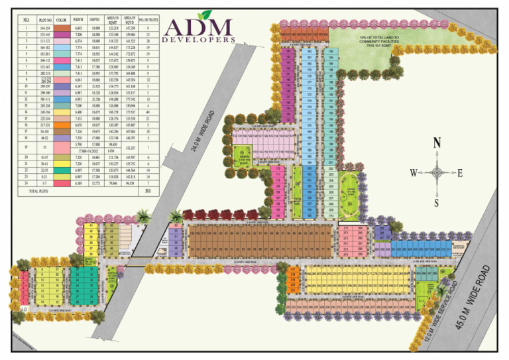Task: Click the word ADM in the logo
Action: tap(198, 28)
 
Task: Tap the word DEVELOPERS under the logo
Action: tap(198, 42)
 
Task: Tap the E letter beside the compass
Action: tap(461, 173)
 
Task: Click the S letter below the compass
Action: tap(436, 202)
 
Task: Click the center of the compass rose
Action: tap(436, 173)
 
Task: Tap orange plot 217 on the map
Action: tap(292, 269)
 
